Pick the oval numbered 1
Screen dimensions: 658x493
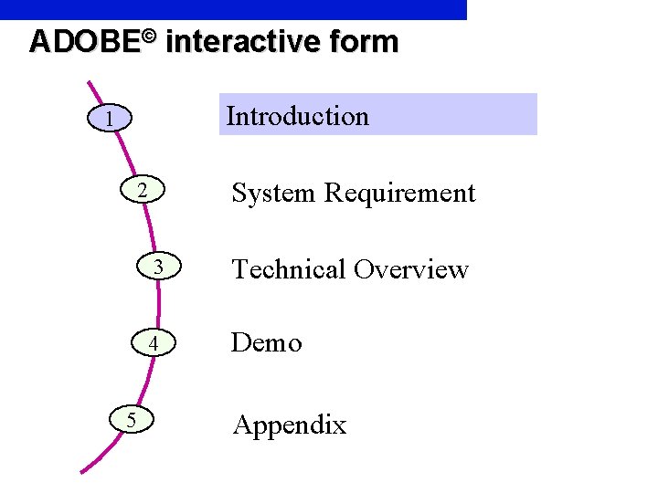click(x=109, y=119)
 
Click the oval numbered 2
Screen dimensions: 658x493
click(x=142, y=191)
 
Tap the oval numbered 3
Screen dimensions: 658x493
click(x=158, y=267)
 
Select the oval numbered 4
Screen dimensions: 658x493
click(x=154, y=343)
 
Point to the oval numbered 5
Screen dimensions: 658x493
click(x=133, y=419)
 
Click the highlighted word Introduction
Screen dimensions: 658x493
click(x=298, y=116)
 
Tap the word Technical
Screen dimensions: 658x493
click(x=289, y=269)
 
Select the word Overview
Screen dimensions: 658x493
click(x=411, y=269)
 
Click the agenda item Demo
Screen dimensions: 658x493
click(x=266, y=343)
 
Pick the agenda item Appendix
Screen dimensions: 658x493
click(x=289, y=425)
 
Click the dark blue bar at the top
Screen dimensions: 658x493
click(x=233, y=9)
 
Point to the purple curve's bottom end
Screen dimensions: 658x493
click(x=83, y=471)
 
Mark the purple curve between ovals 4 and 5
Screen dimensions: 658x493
click(x=149, y=381)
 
